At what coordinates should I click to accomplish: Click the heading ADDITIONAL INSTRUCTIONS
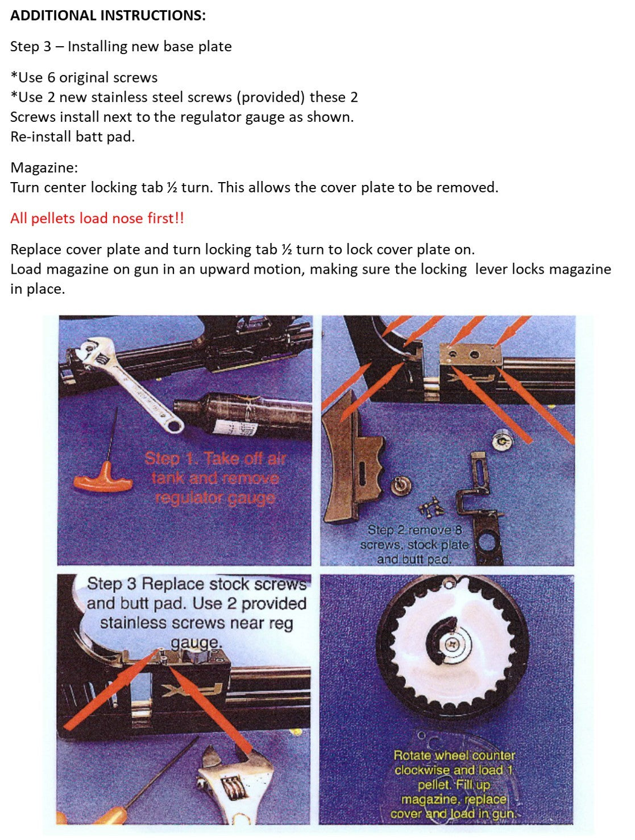108,16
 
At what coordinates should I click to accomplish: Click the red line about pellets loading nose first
97,219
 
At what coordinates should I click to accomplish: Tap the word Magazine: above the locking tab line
44,168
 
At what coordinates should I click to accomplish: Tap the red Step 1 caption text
214,478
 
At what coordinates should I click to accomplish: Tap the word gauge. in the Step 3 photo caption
196,643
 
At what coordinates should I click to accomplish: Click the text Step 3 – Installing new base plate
121,47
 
